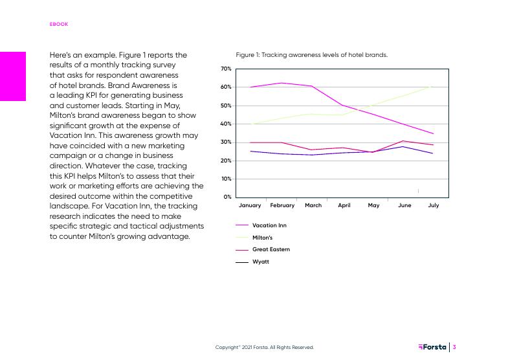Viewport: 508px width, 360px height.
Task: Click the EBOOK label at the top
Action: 59,24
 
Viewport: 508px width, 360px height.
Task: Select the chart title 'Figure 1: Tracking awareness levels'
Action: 311,55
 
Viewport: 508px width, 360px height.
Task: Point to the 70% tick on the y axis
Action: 226,69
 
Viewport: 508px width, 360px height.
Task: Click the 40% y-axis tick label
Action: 226,124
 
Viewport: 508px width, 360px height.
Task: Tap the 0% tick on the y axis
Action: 228,197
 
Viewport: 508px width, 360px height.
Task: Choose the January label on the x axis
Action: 250,205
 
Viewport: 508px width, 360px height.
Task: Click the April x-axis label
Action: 344,205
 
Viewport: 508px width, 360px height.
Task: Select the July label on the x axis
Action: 434,205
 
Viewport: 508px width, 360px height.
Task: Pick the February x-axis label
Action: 282,205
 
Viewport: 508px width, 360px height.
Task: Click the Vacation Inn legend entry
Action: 269,225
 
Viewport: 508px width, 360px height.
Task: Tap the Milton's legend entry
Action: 262,238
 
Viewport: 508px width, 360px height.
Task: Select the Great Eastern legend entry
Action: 271,249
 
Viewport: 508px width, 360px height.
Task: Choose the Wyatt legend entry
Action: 260,262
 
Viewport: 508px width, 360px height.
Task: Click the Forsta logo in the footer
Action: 432,347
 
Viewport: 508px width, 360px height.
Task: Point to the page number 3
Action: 455,347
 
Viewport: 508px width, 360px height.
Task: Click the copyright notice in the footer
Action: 264,348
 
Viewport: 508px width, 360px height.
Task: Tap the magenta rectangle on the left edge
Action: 13,76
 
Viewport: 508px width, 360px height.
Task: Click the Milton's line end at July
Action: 432,86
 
